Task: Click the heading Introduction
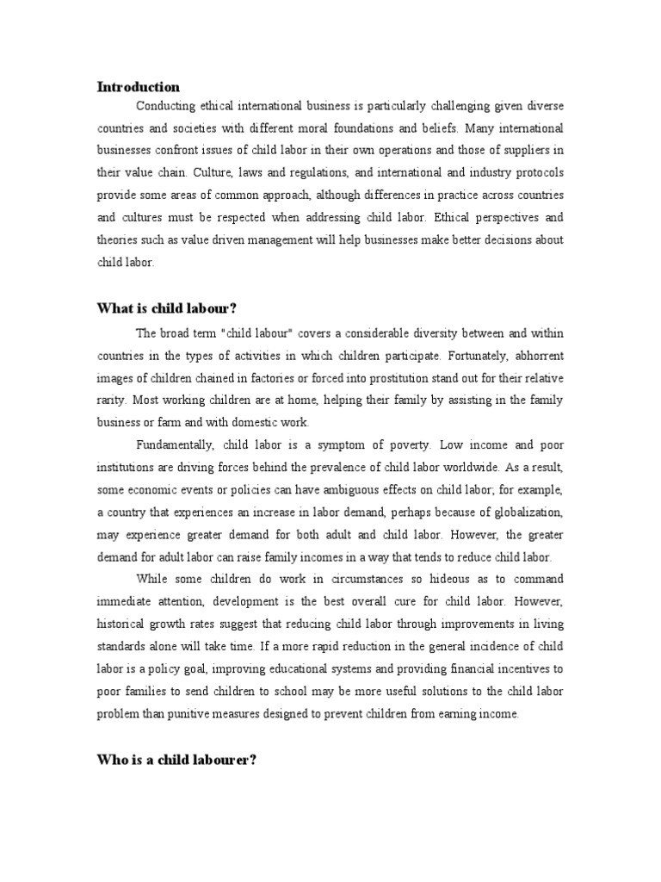point(139,87)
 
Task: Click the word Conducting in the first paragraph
point(166,107)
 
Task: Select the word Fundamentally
point(175,444)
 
